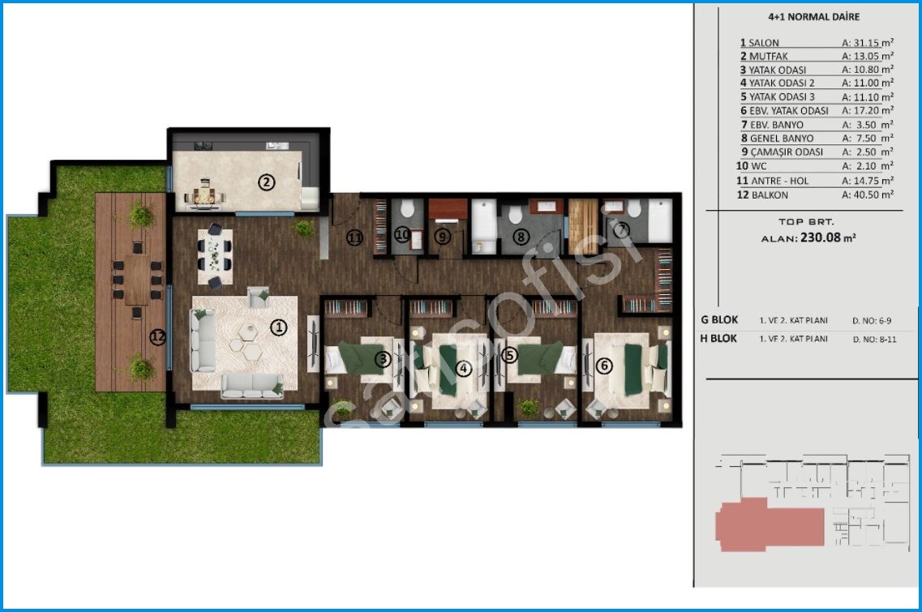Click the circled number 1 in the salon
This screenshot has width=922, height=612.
click(x=278, y=327)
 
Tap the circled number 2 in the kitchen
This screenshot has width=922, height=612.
click(x=266, y=182)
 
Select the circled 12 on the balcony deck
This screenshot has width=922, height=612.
click(x=157, y=337)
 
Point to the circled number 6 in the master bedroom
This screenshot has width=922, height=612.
click(x=604, y=366)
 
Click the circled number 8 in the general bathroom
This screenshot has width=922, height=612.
click(x=521, y=237)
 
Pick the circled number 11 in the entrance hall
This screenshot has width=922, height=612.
click(x=354, y=238)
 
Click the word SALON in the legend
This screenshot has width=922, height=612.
click(x=764, y=43)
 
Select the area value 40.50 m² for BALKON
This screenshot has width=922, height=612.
click(x=868, y=195)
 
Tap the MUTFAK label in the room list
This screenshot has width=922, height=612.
click(x=769, y=57)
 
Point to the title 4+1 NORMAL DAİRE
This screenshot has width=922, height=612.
click(x=814, y=16)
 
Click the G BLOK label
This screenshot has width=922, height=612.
click(x=719, y=320)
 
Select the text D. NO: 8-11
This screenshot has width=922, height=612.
click(x=874, y=339)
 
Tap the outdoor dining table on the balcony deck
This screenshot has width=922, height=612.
click(x=136, y=280)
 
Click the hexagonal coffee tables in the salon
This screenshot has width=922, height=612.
click(x=247, y=342)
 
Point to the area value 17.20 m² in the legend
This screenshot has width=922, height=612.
click(x=868, y=110)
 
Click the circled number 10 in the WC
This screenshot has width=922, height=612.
click(x=402, y=235)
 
